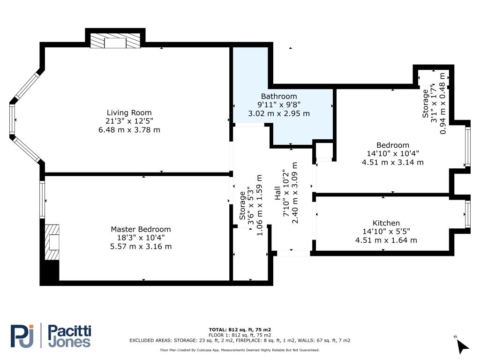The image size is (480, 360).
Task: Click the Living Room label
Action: [x=129, y=112]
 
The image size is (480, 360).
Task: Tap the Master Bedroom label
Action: [x=141, y=229]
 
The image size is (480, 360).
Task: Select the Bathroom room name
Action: [x=279, y=96]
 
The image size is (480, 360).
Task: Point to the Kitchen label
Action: [x=386, y=223]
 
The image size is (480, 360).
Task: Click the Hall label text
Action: [x=277, y=193]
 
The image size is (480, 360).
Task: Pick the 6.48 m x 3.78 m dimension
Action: [x=129, y=130]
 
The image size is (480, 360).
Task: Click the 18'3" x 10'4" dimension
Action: [x=141, y=238]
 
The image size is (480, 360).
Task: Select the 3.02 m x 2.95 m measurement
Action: [x=279, y=113]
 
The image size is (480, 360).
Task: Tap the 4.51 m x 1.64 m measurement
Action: [x=386, y=240]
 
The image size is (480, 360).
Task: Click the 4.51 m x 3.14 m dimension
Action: [x=393, y=162]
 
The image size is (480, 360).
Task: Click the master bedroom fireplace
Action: [x=52, y=242]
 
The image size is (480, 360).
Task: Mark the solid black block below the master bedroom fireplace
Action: [x=52, y=270]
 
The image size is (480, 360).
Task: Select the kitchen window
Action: [x=467, y=214]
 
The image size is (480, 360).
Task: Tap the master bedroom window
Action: [x=42, y=200]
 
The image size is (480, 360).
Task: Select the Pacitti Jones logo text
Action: [x=70, y=336]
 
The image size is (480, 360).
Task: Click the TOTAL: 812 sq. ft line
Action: [x=240, y=330]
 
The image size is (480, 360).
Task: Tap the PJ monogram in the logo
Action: [x=22, y=336]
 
